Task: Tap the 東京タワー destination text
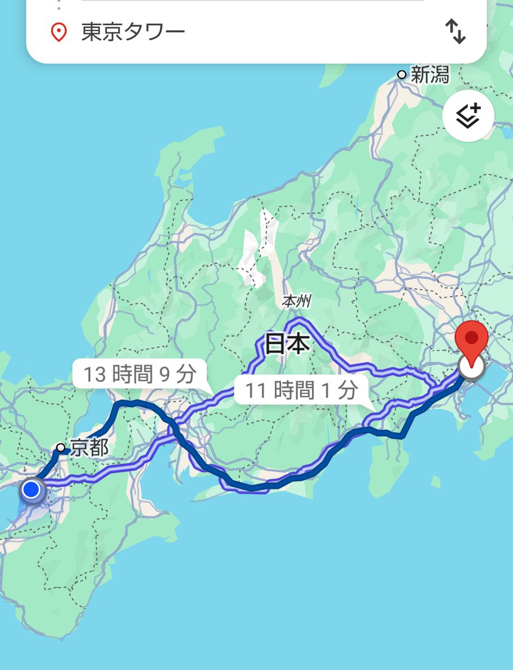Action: (x=133, y=32)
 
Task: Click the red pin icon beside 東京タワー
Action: (x=58, y=32)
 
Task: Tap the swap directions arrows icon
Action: (x=455, y=32)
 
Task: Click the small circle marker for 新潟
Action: (x=401, y=74)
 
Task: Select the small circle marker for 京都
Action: (x=60, y=447)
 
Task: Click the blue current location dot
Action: (x=32, y=490)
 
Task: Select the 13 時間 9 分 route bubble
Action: (x=140, y=374)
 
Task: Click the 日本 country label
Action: (x=287, y=344)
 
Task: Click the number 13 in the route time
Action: (x=94, y=374)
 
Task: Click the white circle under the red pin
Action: (x=471, y=367)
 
